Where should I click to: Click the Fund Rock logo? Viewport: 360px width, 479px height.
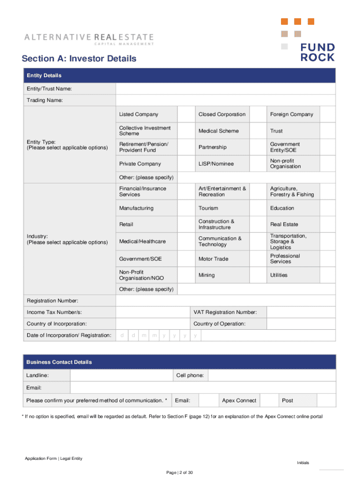point(317,52)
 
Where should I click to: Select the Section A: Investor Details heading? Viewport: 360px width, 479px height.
point(79,58)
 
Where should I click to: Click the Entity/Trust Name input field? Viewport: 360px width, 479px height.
point(225,89)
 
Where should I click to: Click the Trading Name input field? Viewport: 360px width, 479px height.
point(225,101)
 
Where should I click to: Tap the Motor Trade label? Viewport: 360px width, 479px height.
point(214,259)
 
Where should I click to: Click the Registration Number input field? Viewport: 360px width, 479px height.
point(225,300)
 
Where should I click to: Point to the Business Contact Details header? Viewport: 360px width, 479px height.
point(59,362)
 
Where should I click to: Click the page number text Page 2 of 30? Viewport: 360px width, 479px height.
point(180,472)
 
